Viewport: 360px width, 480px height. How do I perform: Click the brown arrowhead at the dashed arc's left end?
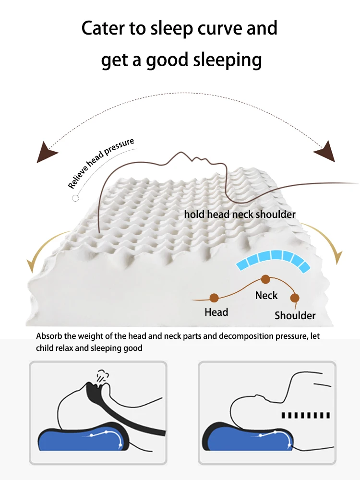click(47, 153)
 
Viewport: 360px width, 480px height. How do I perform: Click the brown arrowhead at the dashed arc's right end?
click(325, 152)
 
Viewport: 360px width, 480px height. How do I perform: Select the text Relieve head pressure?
click(101, 163)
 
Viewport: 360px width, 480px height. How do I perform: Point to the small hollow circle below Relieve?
click(74, 198)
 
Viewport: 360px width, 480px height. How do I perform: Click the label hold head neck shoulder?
click(240, 214)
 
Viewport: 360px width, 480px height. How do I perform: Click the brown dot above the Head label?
click(214, 298)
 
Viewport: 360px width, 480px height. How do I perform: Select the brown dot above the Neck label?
click(265, 279)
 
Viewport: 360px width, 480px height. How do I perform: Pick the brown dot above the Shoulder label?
click(295, 298)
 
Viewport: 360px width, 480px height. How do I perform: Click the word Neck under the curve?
click(266, 295)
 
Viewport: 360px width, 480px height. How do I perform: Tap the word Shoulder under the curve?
click(295, 315)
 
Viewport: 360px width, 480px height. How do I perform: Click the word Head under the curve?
click(216, 312)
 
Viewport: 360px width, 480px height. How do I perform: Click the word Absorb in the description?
click(49, 336)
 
